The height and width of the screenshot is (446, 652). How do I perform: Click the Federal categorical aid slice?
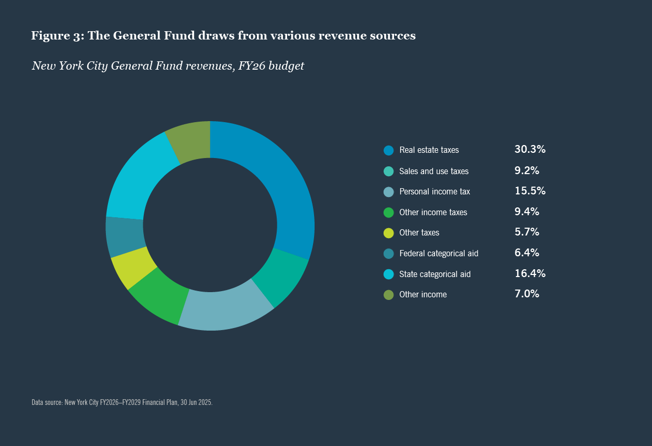coord(125,237)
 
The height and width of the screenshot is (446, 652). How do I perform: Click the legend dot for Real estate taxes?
coord(389,150)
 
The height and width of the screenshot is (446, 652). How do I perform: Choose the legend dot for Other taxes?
coord(389,233)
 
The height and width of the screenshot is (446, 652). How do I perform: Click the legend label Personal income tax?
coord(434,192)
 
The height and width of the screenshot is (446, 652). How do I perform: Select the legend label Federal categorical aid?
coord(439,254)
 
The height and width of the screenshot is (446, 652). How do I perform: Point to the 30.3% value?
coord(529,150)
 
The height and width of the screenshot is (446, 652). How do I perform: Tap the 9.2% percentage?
coord(526,170)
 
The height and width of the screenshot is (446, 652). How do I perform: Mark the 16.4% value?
coord(529,273)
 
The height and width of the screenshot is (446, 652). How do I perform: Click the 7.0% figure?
coord(526,294)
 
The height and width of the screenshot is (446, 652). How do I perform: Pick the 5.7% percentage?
coord(526,232)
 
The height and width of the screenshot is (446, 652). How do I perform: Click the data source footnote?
coord(122,402)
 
